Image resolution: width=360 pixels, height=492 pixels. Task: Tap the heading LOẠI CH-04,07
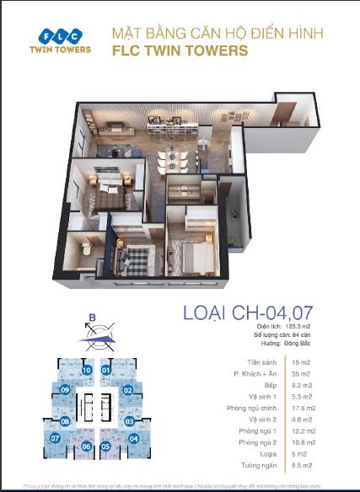click(x=250, y=313)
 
